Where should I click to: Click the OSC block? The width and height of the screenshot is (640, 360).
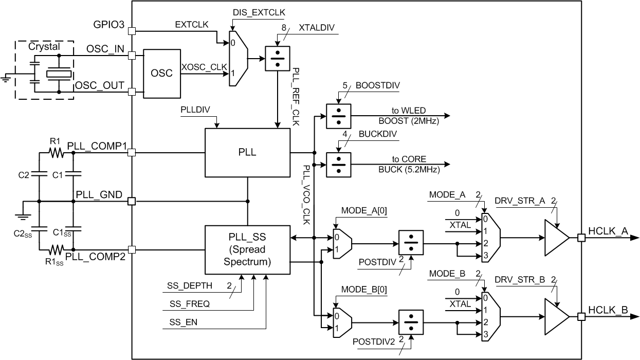pyautogui.click(x=161, y=74)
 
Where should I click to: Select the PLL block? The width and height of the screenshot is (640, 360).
pyautogui.click(x=247, y=152)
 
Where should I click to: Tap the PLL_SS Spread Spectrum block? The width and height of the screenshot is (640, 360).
pyautogui.click(x=247, y=250)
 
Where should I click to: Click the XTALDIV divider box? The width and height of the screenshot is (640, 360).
pyautogui.click(x=278, y=59)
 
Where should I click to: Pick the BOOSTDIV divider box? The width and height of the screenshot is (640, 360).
pyautogui.click(x=338, y=116)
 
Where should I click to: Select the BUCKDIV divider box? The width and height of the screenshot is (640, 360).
pyautogui.click(x=338, y=165)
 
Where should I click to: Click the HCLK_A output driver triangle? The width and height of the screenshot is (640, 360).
pyautogui.click(x=557, y=238)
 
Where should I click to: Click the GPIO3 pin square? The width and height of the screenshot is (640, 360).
pyautogui.click(x=132, y=30)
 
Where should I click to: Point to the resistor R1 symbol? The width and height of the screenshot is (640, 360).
pyautogui.click(x=55, y=152)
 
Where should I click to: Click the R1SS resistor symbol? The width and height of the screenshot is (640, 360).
pyautogui.click(x=55, y=250)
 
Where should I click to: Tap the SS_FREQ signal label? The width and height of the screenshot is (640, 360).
pyautogui.click(x=189, y=304)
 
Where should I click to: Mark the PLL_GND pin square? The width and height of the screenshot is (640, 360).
pyautogui.click(x=132, y=202)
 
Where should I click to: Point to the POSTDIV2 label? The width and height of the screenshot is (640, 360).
pyautogui.click(x=373, y=341)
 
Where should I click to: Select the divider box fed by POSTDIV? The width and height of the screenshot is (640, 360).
pyautogui.click(x=411, y=243)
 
